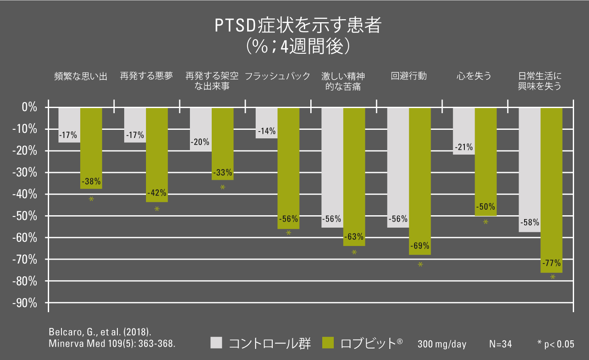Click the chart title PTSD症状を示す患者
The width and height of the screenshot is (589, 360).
coord(297,26)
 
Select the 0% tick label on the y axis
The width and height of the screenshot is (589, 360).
coord(29,107)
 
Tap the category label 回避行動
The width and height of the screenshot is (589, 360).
coord(408,76)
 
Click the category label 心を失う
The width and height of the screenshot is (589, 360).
coord(474,76)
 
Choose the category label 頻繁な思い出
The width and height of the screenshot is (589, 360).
coord(81,76)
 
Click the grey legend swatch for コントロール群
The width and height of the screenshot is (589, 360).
coord(217,343)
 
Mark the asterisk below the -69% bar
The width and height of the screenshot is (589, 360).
coord(420,265)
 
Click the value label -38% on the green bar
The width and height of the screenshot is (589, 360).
coord(91,180)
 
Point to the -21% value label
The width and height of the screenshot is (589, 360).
coord(464,147)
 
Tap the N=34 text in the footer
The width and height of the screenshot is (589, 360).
coord(500,344)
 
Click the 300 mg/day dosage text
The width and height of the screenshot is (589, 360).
coord(442,344)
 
